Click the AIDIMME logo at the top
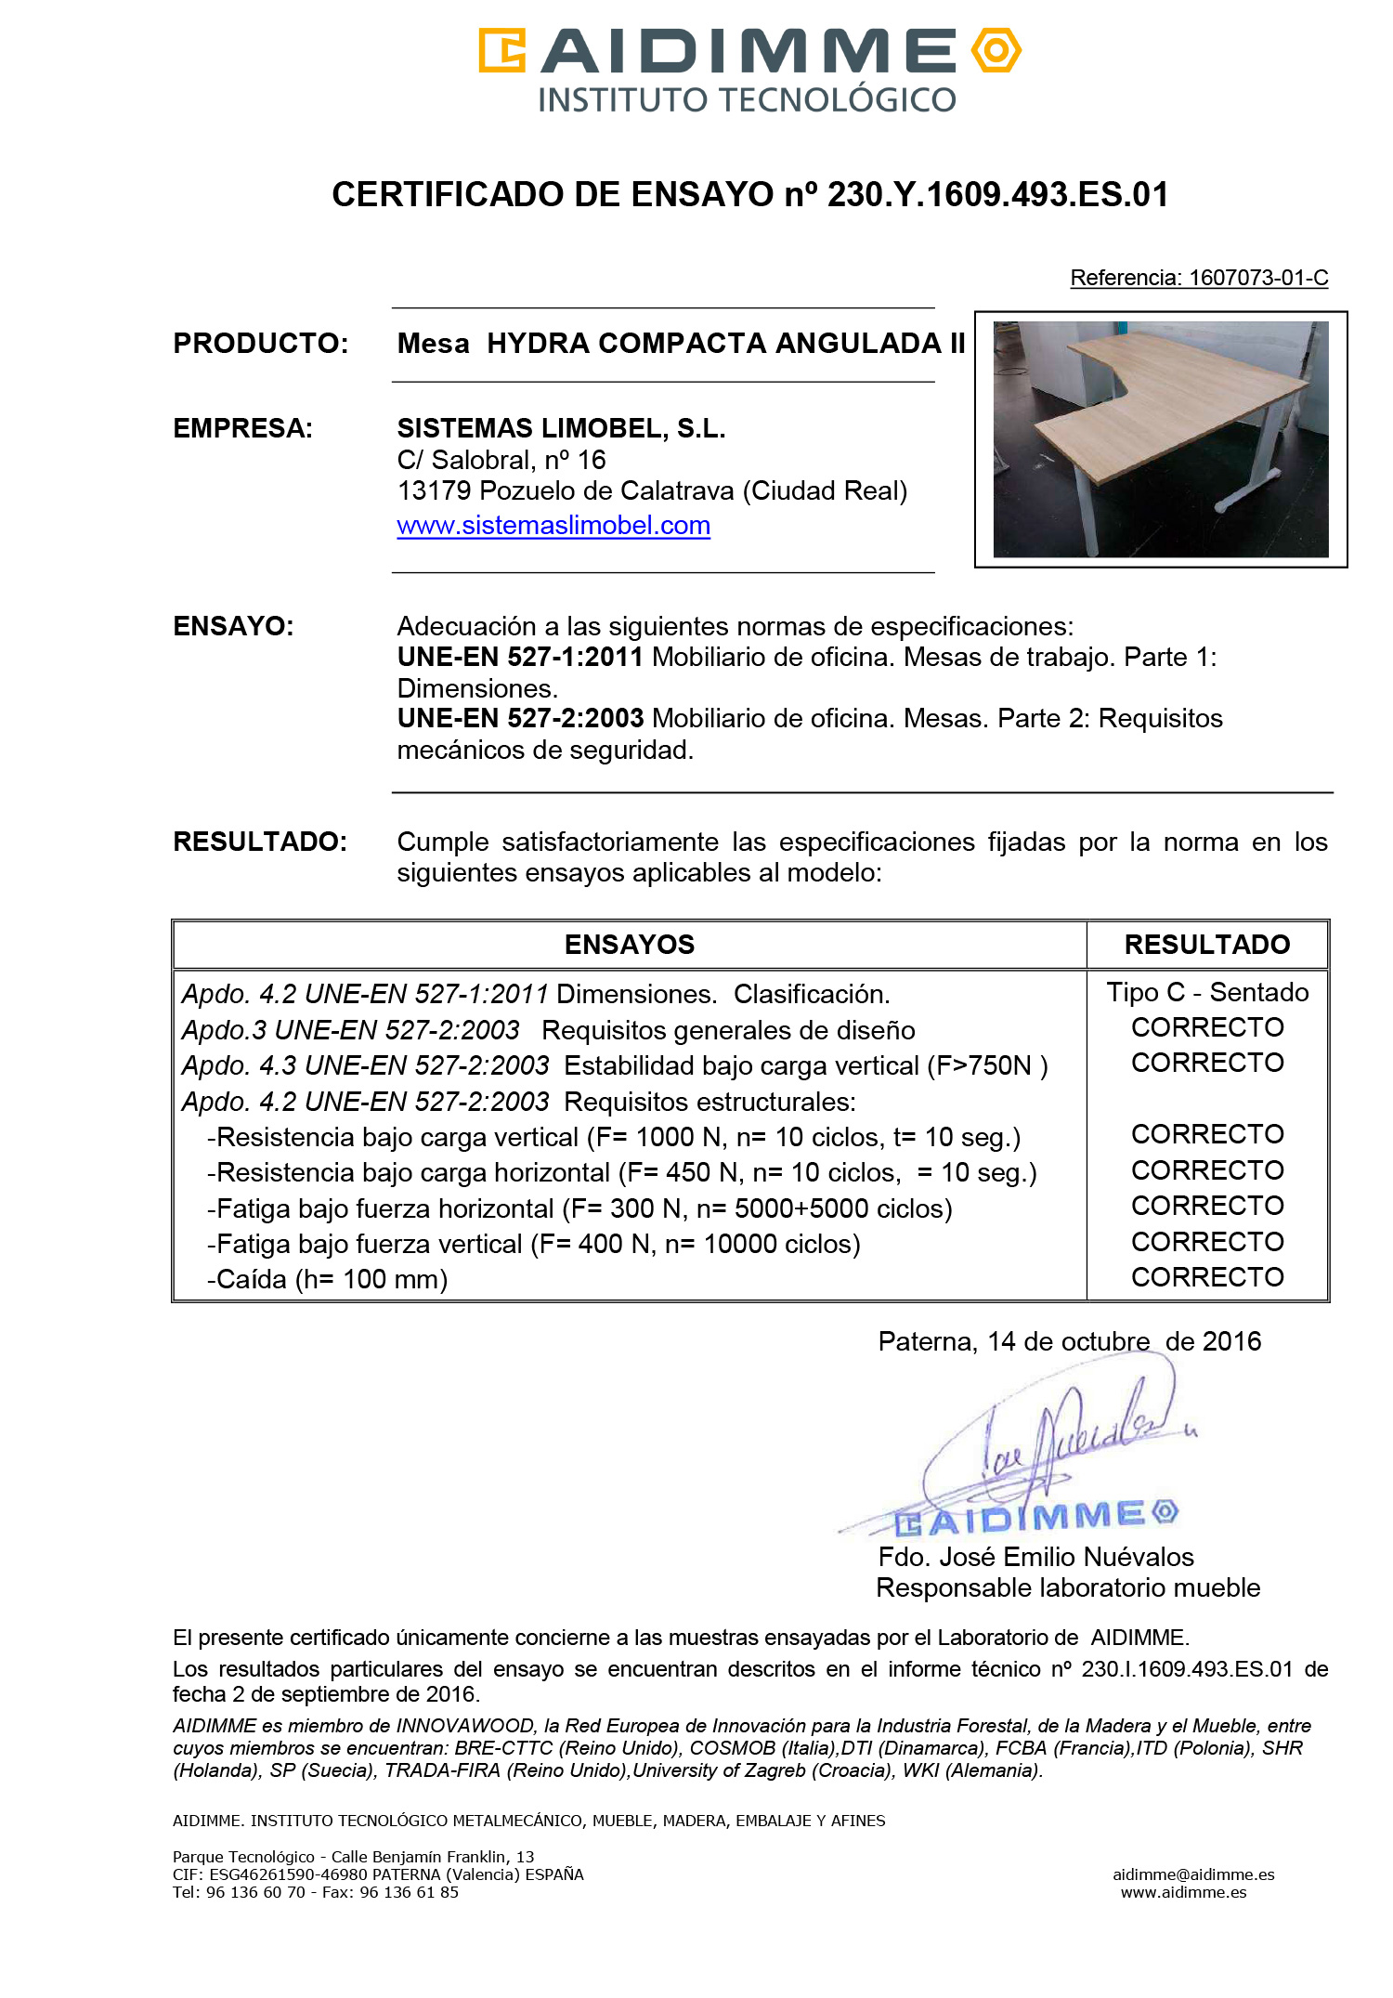click(749, 69)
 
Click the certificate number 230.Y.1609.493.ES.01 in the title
click(997, 195)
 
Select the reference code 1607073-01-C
click(1258, 278)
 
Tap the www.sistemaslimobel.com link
click(553, 526)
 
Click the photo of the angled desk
click(1160, 438)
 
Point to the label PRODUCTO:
click(261, 344)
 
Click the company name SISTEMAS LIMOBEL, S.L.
click(561, 428)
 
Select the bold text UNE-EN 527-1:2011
click(520, 658)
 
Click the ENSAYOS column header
click(630, 945)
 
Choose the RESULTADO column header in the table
click(1206, 945)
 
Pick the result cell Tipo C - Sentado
click(1207, 993)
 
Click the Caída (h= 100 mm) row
click(328, 1280)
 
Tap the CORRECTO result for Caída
click(1207, 1278)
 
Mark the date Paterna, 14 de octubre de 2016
click(1069, 1342)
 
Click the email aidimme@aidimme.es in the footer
click(1193, 1874)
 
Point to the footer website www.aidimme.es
click(1183, 1892)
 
